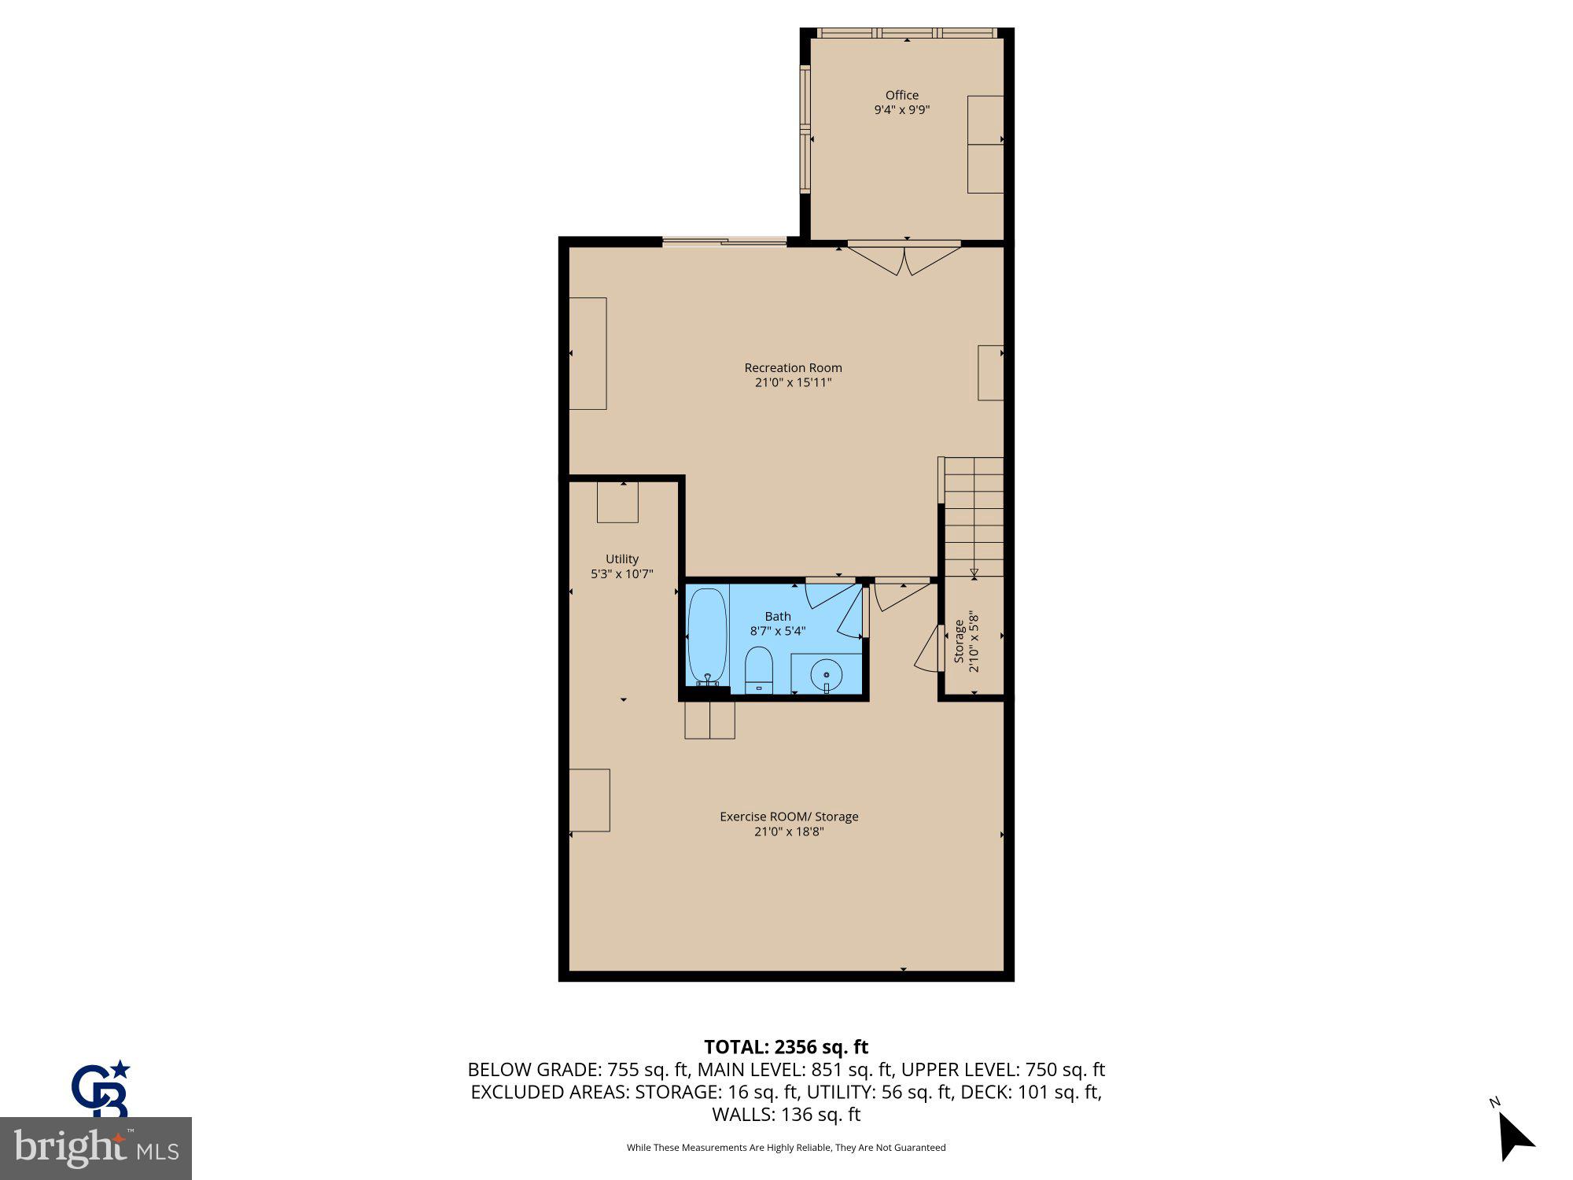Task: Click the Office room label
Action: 901,95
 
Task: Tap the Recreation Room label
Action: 793,367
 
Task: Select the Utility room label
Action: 621,559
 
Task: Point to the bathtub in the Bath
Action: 706,636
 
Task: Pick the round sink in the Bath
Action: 827,675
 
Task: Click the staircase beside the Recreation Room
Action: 974,517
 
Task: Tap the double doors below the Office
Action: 904,260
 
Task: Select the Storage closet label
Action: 959,641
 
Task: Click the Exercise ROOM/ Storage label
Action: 789,817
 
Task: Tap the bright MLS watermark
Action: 96,1149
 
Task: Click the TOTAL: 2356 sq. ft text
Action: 786,1047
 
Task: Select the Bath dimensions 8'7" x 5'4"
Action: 778,631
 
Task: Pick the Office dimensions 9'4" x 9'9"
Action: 901,110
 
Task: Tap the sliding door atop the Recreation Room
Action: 724,242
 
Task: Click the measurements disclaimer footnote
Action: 786,1148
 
